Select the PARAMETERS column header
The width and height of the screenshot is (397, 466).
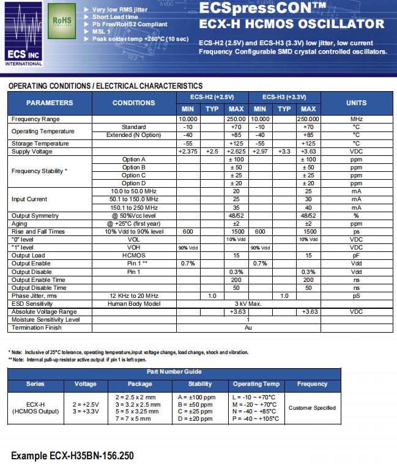(50, 103)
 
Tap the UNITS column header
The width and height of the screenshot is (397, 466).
(357, 103)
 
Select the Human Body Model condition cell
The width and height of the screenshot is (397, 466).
(134, 303)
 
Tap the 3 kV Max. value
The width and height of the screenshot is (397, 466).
(248, 303)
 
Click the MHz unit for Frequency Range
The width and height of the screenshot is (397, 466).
(357, 119)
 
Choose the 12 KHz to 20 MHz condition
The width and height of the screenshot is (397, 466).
(134, 295)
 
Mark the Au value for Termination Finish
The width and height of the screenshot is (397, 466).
(248, 328)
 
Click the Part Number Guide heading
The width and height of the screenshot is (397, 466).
(174, 372)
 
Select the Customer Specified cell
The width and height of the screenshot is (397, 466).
(312, 407)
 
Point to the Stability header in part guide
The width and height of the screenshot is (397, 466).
(200, 384)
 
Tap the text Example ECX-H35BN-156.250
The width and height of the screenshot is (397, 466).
(72, 456)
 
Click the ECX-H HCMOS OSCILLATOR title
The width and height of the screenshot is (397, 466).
(292, 24)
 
